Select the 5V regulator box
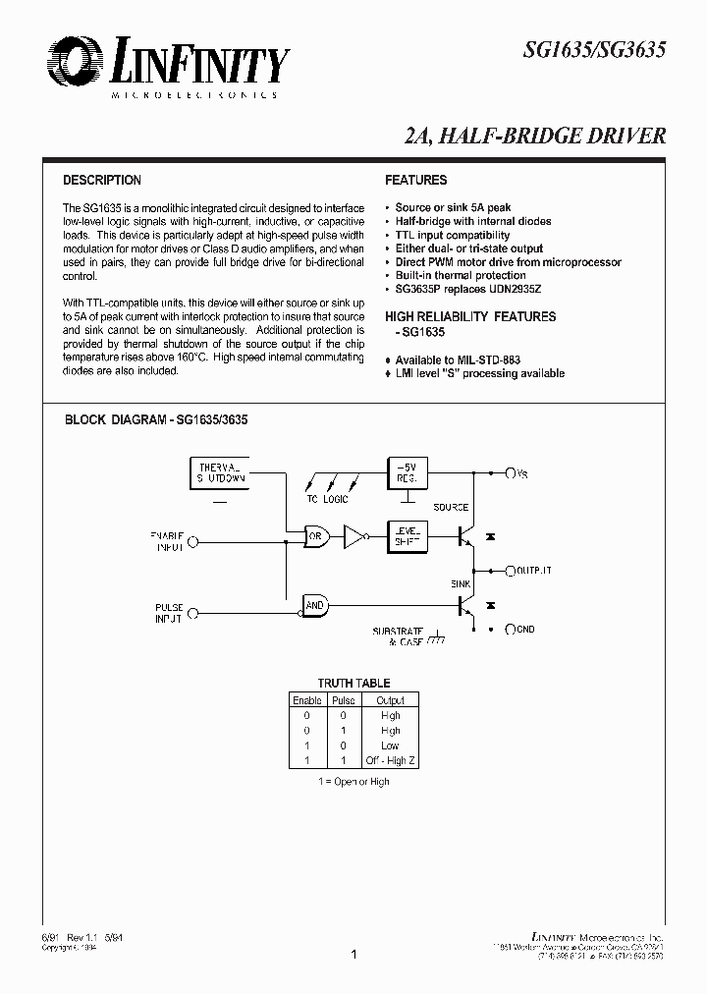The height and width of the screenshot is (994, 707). tap(407, 472)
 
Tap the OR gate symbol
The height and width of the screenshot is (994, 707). tap(316, 537)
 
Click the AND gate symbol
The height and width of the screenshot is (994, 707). tap(315, 606)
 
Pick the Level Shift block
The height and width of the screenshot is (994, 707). tap(407, 536)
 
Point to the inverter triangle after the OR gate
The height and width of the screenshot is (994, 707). tap(353, 537)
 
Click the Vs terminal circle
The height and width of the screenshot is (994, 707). tap(510, 473)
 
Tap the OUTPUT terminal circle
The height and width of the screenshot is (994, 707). tap(510, 570)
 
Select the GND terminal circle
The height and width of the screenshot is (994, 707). tap(510, 629)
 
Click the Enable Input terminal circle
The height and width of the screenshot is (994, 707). tap(192, 540)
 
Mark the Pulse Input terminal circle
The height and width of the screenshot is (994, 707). tap(192, 614)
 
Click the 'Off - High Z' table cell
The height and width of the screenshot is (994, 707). tap(390, 760)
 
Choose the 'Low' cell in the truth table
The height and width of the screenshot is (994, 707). tap(390, 745)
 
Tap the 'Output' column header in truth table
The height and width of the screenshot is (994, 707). tap(390, 700)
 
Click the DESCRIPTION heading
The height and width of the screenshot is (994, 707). tap(102, 181)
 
